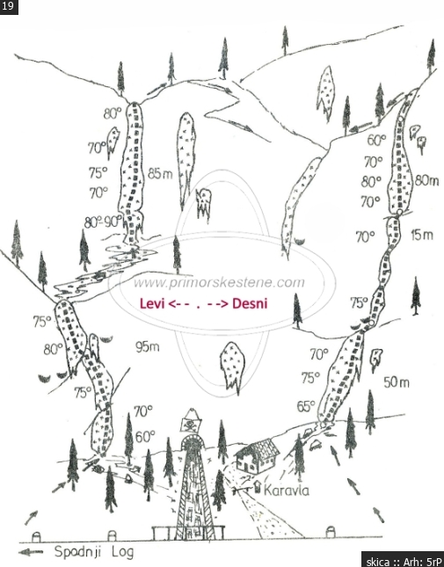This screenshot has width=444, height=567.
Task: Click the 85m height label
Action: point(160,174)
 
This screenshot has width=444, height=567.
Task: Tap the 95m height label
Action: point(147,347)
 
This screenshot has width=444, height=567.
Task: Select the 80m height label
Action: point(427,179)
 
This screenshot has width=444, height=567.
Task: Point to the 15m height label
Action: point(422,235)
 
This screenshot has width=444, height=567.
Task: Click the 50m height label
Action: point(397,382)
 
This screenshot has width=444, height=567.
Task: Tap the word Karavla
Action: point(287,491)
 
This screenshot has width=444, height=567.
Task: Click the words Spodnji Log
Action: point(94,552)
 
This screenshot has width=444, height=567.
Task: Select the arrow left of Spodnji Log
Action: point(31,552)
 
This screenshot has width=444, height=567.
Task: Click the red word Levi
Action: point(152,303)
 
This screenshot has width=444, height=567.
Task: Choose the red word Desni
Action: point(250,303)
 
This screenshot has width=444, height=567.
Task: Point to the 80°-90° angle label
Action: point(103,222)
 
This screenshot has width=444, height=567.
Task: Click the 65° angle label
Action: point(306,406)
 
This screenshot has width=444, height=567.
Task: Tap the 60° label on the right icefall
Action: point(377,140)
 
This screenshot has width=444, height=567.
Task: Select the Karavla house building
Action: point(258,456)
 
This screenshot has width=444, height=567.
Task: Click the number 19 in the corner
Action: point(8,6)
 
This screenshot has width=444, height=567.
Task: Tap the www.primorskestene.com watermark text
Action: point(219,282)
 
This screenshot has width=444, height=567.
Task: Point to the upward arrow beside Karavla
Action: point(258,486)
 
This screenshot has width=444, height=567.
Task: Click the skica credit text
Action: point(404,562)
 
